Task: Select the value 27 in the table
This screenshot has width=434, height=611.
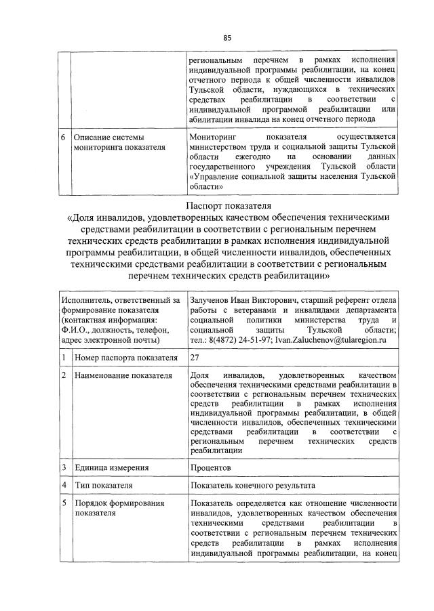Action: coord(196,357)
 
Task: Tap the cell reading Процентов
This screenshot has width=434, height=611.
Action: coord(211,467)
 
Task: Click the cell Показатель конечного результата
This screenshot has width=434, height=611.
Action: coord(254,486)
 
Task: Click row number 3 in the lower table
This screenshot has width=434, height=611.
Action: coord(62,467)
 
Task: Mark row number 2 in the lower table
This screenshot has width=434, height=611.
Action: coord(62,375)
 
